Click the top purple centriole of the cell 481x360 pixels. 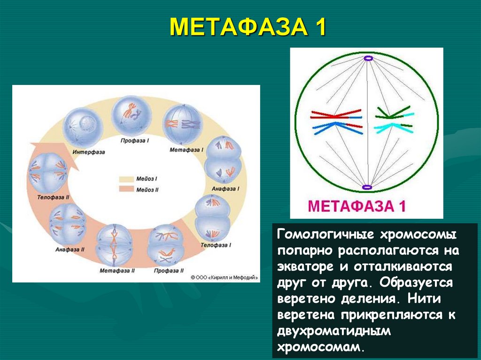[x=367, y=59]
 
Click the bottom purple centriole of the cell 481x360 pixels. [x=367, y=188]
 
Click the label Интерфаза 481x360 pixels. [x=89, y=152]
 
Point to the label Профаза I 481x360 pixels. [x=135, y=140]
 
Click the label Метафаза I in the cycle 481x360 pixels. [x=186, y=150]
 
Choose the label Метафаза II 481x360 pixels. [x=117, y=270]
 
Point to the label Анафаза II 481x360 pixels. [x=70, y=249]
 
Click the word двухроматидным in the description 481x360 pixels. [x=334, y=331]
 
